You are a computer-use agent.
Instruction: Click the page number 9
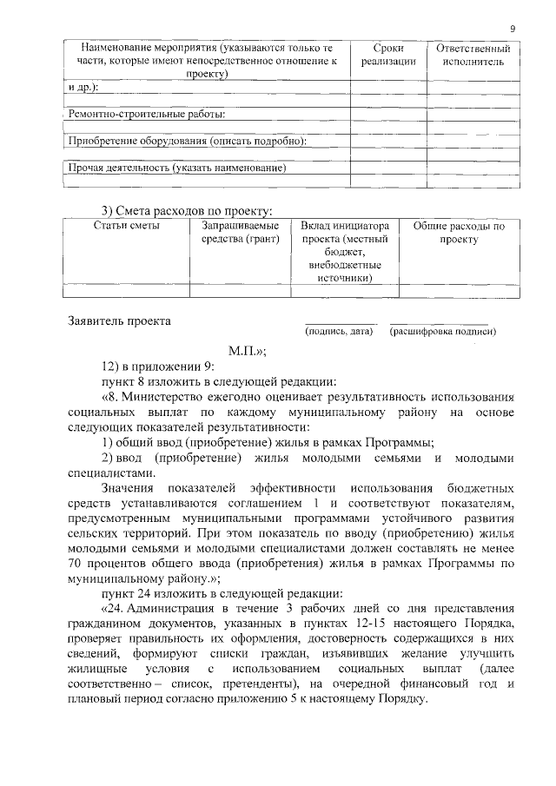pyautogui.click(x=513, y=29)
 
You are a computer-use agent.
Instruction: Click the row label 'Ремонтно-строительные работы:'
pyautogui.click(x=147, y=114)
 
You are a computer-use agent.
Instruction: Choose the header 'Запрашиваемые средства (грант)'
pyautogui.click(x=239, y=233)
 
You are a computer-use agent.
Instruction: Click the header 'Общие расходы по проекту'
pyautogui.click(x=459, y=233)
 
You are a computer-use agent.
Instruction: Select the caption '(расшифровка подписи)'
pyautogui.click(x=443, y=331)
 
